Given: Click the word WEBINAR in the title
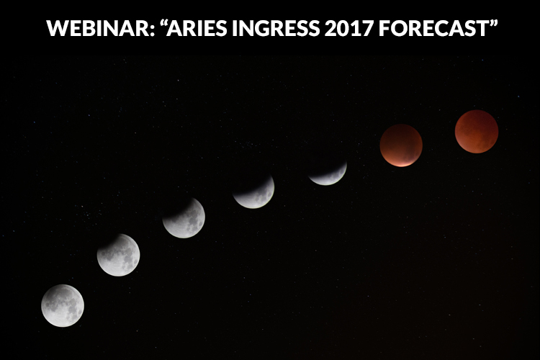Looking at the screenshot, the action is (x=98, y=28).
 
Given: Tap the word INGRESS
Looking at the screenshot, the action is (x=276, y=28).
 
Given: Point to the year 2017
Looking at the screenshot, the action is (x=349, y=28).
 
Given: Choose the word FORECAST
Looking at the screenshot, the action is (x=433, y=28).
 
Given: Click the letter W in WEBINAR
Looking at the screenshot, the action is (x=57, y=28).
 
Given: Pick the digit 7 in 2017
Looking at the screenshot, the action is (x=368, y=28).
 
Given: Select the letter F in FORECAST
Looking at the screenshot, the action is (x=384, y=28).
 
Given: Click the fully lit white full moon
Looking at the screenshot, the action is (x=63, y=305).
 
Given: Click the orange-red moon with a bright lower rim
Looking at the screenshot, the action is (x=401, y=145).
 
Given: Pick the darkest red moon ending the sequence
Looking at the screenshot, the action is (x=477, y=132).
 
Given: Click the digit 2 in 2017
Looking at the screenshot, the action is (x=330, y=28).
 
